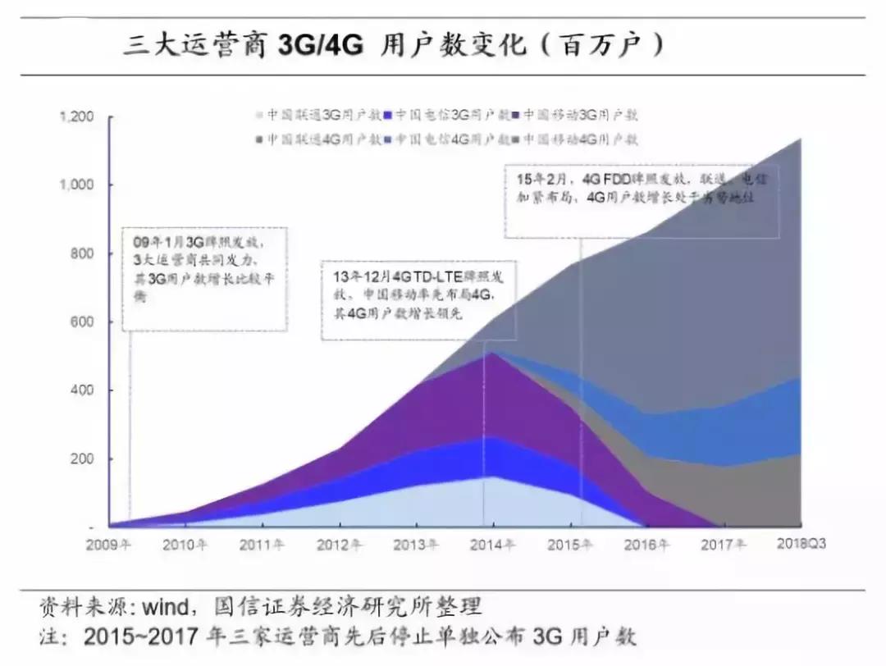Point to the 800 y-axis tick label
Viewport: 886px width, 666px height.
click(x=82, y=253)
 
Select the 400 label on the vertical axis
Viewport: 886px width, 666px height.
click(x=82, y=390)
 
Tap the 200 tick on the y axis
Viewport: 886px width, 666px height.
click(x=82, y=458)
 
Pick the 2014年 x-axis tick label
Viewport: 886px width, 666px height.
click(x=493, y=545)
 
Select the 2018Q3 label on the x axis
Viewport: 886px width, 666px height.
click(x=800, y=545)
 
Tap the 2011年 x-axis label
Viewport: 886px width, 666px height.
click(x=262, y=545)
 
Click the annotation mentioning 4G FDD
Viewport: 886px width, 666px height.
click(x=641, y=189)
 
